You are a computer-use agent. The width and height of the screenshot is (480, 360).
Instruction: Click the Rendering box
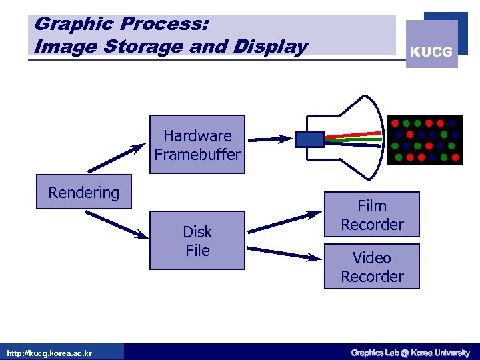[84, 193]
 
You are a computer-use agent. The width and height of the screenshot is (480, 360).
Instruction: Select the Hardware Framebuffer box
[197, 145]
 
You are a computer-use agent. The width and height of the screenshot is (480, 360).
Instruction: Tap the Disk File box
[197, 241]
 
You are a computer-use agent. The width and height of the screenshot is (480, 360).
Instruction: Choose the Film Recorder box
[372, 215]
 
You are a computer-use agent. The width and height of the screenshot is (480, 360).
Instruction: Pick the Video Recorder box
[372, 267]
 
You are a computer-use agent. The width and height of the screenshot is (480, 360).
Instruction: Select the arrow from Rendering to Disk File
[117, 224]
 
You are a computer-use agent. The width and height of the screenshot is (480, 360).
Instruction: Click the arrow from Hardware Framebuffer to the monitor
[270, 139]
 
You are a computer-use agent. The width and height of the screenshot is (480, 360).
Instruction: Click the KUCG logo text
[431, 52]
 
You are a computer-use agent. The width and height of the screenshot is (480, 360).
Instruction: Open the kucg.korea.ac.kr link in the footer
[49, 353]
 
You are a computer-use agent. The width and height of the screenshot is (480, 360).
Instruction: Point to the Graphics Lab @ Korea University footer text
[410, 353]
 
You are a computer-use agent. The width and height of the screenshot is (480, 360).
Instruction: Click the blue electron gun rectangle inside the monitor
[309, 139]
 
